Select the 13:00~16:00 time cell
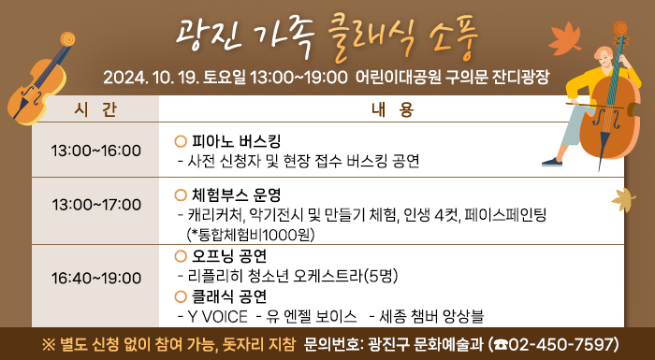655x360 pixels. [x=95, y=151]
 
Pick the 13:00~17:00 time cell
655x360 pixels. [x=95, y=203]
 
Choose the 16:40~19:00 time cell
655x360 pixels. [x=95, y=278]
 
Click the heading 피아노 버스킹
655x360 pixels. [x=235, y=141]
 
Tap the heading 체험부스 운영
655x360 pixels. [x=235, y=195]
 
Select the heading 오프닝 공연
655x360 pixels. [x=229, y=255]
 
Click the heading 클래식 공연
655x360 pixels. [x=229, y=295]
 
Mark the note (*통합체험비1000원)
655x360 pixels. [x=250, y=235]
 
